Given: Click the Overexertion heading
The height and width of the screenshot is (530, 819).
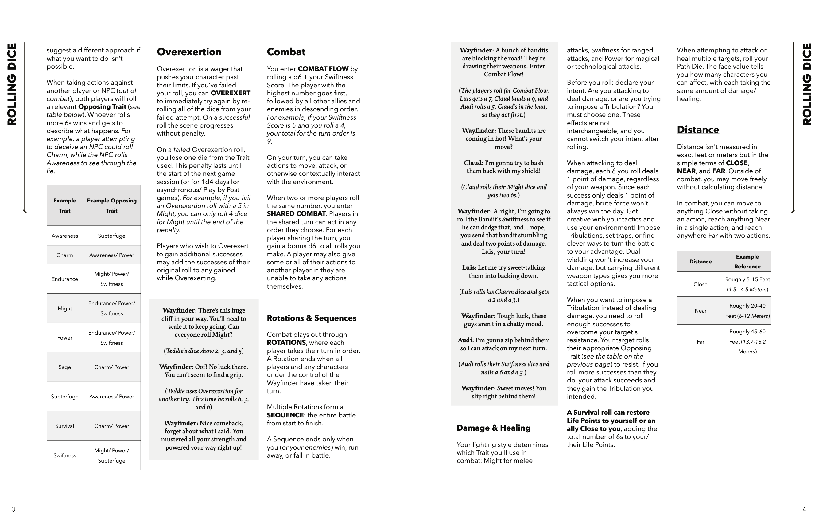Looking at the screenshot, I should click(189, 52).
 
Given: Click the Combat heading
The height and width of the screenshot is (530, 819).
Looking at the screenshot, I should click(286, 52).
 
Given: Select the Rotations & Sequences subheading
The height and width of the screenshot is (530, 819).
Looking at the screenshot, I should click(312, 318).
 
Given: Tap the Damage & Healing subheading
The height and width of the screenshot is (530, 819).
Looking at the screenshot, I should click(493, 428).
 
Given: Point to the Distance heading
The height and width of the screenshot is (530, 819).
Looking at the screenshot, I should click(697, 130).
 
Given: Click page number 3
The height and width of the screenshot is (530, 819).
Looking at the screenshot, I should click(14, 509).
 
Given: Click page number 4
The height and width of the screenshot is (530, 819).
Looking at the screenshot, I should click(804, 509).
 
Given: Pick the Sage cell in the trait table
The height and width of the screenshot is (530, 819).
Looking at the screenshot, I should click(65, 367).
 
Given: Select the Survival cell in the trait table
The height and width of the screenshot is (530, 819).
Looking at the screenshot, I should click(65, 426).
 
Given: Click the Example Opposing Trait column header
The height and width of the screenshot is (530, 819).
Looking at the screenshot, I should click(111, 205).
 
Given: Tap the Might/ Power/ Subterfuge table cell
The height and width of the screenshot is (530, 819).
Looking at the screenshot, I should click(111, 455).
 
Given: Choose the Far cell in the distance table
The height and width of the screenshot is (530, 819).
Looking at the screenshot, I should click(700, 342).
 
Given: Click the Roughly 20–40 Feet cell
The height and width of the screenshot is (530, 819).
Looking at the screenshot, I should click(747, 311).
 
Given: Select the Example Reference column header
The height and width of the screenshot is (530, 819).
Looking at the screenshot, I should click(747, 261).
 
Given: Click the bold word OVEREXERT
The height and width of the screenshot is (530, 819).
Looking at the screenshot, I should click(230, 93).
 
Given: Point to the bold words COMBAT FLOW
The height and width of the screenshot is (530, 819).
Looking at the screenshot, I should click(323, 69).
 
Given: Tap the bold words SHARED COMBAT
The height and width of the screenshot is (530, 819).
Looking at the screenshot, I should click(296, 214).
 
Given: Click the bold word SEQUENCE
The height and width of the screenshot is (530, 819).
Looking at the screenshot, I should click(285, 415).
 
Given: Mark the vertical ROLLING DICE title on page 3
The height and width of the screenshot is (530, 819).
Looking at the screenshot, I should click(12, 84).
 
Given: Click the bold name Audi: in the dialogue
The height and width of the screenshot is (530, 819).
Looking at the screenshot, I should click(466, 340).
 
